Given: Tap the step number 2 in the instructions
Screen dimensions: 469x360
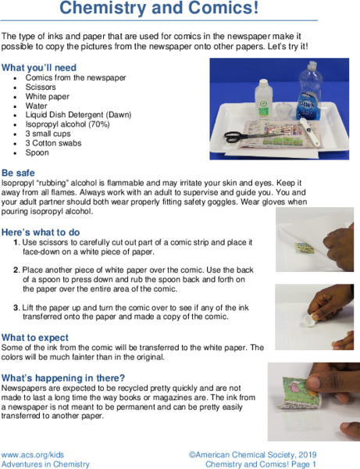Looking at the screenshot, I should click(x=16, y=269).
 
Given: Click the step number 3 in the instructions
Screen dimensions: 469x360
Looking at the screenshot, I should click(x=16, y=306).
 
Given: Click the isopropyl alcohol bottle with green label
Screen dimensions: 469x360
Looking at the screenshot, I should click(x=262, y=102).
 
